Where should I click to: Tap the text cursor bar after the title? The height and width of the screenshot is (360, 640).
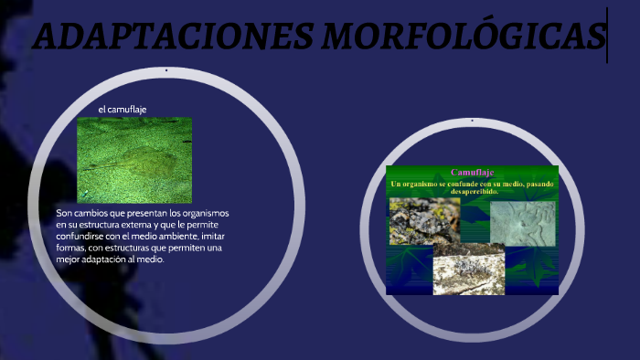pyautogui.click(x=607, y=36)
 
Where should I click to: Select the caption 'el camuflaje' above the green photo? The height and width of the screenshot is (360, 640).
pyautogui.click(x=123, y=110)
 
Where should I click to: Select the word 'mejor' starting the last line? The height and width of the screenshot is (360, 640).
pyautogui.click(x=68, y=259)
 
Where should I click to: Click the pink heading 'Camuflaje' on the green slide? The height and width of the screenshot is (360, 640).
pyautogui.click(x=473, y=173)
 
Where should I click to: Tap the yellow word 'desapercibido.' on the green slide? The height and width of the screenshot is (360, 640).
pyautogui.click(x=472, y=192)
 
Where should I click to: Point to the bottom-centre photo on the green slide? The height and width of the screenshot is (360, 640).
pyautogui.click(x=468, y=272)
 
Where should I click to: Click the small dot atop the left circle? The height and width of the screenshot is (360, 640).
pyautogui.click(x=165, y=70)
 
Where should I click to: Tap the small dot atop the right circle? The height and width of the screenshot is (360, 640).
pyautogui.click(x=472, y=120)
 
